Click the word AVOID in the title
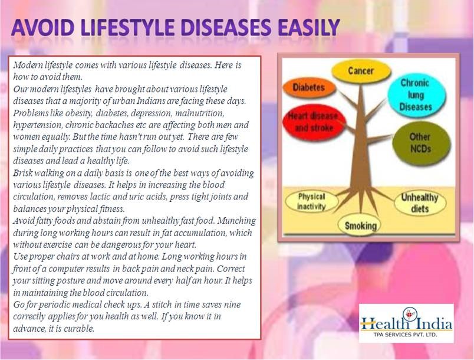[42, 28]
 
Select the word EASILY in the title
[310, 28]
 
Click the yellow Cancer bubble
[361, 71]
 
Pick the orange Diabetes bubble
[309, 88]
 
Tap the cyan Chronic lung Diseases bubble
[416, 94]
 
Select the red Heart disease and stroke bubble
[313, 122]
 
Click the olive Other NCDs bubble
[421, 142]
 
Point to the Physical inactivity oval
[312, 202]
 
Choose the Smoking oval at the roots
[360, 225]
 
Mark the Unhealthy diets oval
[420, 202]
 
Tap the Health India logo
[406, 323]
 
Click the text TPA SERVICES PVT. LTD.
[405, 335]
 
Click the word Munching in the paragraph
[236, 221]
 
